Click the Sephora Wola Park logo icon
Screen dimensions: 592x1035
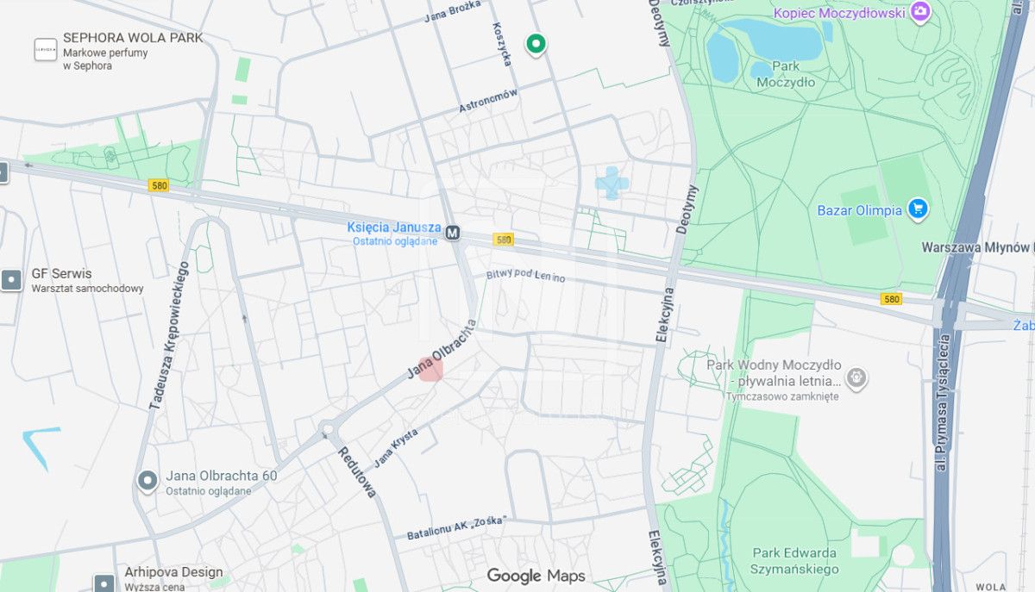coord(46,50)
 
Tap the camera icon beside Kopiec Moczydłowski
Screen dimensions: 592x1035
coord(921,12)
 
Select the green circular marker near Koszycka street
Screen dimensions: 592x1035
coord(536,43)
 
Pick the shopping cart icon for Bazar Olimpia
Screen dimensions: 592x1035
coord(918,209)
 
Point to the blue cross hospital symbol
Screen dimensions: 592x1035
coord(612,184)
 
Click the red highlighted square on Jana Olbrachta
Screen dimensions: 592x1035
coord(430,368)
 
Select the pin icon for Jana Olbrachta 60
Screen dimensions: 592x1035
coord(147,481)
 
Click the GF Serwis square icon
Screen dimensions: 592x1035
coord(11,280)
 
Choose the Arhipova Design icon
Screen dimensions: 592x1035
coord(104,583)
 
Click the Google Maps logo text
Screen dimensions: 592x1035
coord(536,576)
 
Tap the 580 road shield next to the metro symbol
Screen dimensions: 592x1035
coord(503,240)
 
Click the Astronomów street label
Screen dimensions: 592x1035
coord(488,101)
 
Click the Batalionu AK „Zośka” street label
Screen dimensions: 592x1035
coord(456,527)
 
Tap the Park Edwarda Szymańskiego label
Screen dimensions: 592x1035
coord(794,561)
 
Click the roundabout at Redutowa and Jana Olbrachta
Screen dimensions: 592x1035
coord(327,429)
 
